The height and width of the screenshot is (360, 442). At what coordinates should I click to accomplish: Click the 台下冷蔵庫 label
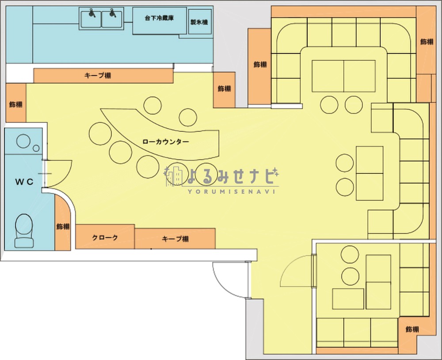pyautogui.click(x=159, y=18)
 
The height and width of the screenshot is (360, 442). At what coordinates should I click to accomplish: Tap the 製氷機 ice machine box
pyautogui.click(x=200, y=22)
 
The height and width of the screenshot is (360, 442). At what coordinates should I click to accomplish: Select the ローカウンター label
pyautogui.click(x=166, y=142)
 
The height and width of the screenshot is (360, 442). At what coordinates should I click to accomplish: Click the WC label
pyautogui.click(x=24, y=182)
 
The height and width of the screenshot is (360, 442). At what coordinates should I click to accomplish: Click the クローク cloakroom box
pyautogui.click(x=105, y=237)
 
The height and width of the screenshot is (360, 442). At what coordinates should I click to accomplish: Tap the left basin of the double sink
pyautogui.click(x=91, y=19)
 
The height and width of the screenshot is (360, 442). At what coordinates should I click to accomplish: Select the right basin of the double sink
pyautogui.click(x=112, y=19)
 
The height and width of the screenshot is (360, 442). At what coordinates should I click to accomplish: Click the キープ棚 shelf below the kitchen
pyautogui.click(x=103, y=76)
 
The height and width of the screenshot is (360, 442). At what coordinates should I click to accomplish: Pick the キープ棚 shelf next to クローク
pyautogui.click(x=175, y=239)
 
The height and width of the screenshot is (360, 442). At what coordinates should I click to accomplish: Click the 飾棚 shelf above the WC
pyautogui.click(x=16, y=103)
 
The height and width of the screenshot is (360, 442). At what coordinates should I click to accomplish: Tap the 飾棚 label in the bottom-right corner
pyautogui.click(x=412, y=329)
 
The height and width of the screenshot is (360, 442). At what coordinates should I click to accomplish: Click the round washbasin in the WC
pyautogui.click(x=23, y=141)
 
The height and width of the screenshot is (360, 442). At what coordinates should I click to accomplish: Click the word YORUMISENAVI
pyautogui.click(x=231, y=191)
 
